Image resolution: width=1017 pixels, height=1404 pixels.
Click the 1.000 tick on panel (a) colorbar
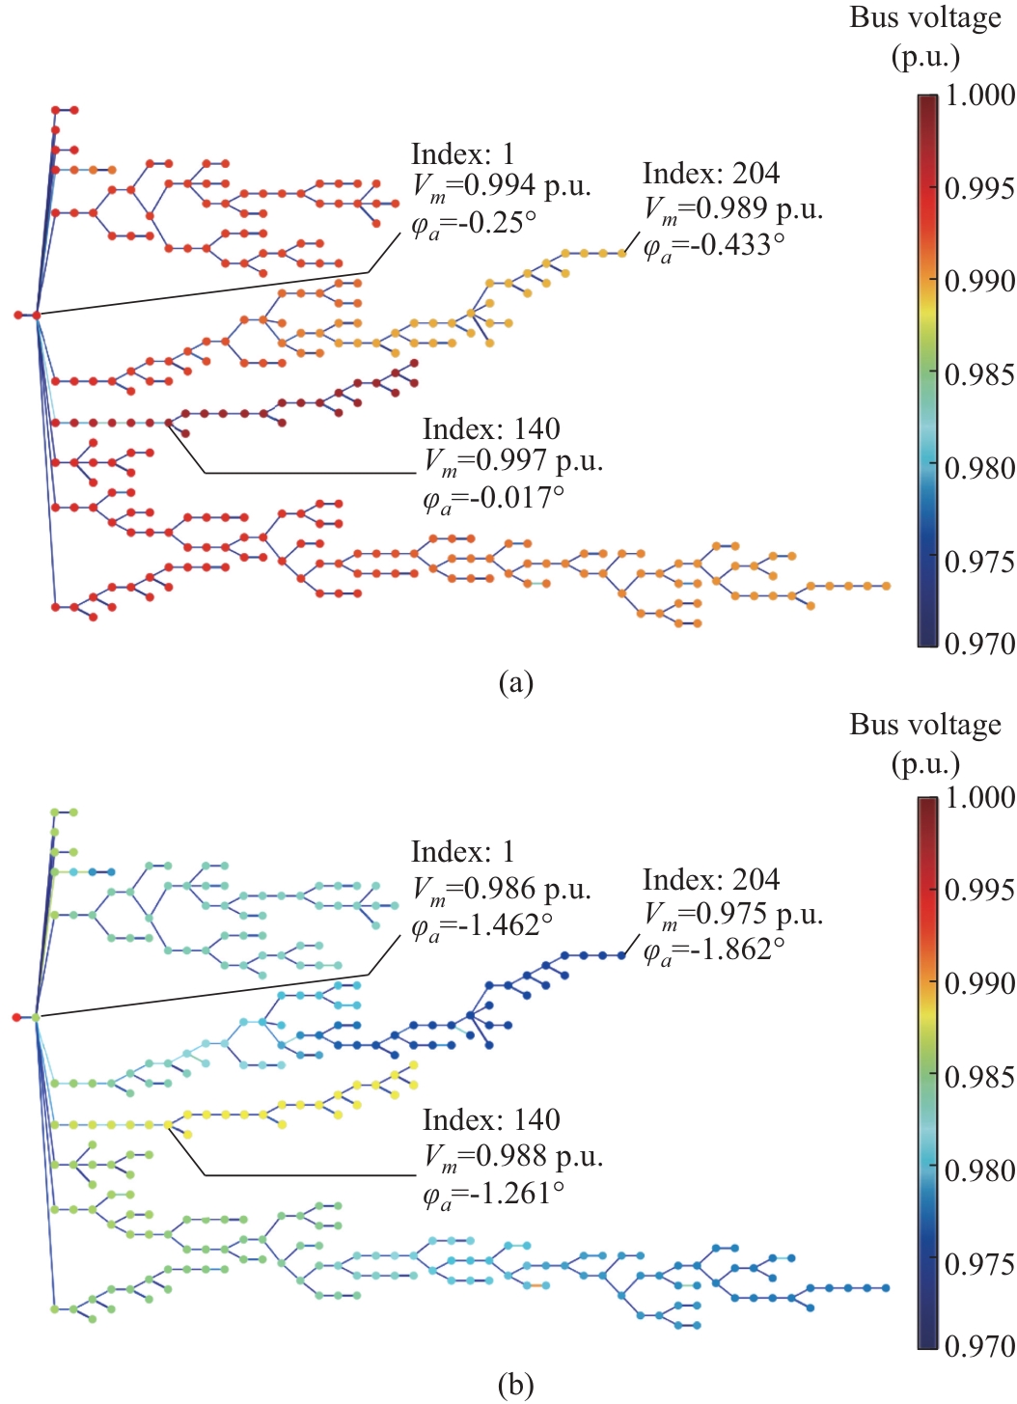[x=978, y=96]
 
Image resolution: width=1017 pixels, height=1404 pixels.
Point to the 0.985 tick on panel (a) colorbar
[x=978, y=373]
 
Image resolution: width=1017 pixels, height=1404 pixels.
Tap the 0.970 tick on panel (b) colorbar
[x=978, y=1345]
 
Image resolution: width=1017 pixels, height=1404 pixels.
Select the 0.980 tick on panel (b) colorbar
[x=978, y=1170]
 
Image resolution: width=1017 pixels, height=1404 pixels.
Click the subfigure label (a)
[x=515, y=682]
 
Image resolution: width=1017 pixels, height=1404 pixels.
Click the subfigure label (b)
[x=515, y=1386]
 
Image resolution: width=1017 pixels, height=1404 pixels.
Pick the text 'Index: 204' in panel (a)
[x=711, y=174]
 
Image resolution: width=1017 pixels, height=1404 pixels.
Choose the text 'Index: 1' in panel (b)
[x=462, y=852]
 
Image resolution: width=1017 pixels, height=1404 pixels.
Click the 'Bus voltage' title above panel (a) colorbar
[x=924, y=17]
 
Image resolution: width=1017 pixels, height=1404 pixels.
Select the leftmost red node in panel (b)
[x=17, y=1017]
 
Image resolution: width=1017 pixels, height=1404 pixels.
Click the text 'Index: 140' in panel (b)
[x=491, y=1120]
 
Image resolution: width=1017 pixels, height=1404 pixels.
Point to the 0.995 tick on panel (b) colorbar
[x=978, y=889]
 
